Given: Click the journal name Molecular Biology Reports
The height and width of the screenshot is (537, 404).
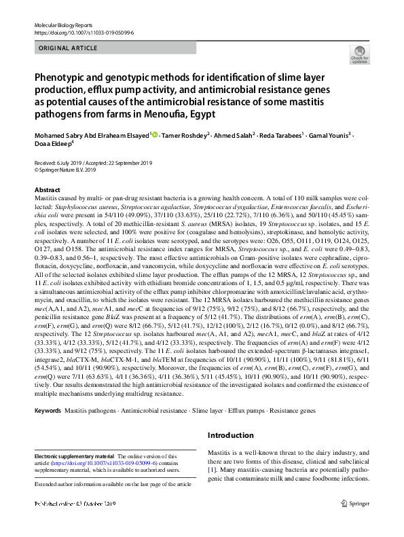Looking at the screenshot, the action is [x=59, y=24].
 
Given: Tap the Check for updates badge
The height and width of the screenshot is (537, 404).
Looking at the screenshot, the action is [x=359, y=55].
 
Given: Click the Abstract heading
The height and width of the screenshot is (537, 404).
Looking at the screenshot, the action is [x=47, y=190].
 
